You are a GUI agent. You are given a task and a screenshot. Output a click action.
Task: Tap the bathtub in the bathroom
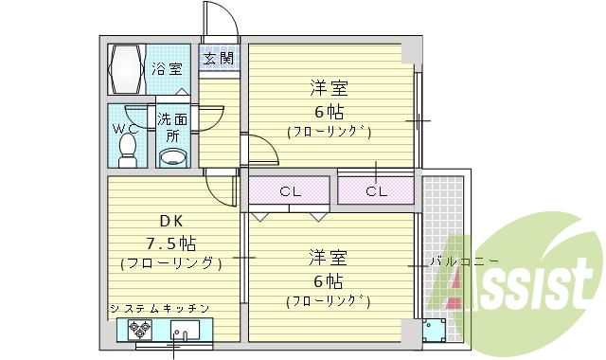click(127, 67)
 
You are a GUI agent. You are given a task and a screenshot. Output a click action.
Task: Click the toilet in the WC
click(129, 147)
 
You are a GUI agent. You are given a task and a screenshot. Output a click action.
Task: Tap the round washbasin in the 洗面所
click(171, 156)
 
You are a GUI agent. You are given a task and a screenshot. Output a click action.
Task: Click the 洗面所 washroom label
click(171, 127)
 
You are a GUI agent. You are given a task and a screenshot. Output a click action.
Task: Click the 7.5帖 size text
click(171, 242)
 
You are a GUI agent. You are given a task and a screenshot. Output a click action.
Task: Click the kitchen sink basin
click(185, 332)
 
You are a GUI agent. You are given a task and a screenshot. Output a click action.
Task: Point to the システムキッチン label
click(158, 309)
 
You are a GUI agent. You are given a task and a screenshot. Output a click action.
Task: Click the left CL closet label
click(290, 191)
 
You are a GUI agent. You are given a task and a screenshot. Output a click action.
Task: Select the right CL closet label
click(376, 191)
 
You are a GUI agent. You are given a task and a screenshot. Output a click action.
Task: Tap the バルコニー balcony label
click(464, 261)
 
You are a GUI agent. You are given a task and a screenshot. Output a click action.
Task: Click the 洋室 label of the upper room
click(329, 88)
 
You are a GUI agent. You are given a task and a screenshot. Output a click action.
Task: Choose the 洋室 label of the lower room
click(329, 257)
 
